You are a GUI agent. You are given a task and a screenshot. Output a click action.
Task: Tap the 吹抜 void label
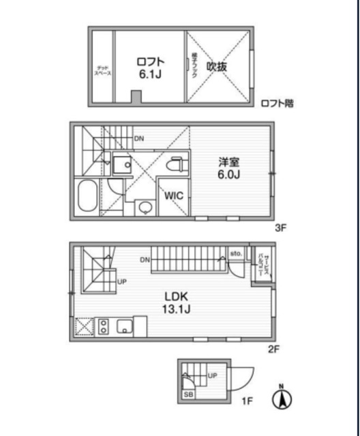pos(216,67)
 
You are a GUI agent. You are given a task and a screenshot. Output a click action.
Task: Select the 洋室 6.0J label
pos(229,168)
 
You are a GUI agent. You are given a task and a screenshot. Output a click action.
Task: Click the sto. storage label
pos(237,253)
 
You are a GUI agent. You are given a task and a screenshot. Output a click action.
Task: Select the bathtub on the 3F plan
pos(87,198)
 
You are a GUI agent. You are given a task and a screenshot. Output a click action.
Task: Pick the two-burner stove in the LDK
pos(103,326)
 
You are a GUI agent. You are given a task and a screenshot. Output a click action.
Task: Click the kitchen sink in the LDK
pos(125,326)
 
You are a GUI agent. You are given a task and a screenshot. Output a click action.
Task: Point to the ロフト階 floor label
pos(277,104)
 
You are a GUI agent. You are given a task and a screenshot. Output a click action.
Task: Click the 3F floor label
pos(279,228)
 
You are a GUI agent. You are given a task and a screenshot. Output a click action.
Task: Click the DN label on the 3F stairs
pos(139,139)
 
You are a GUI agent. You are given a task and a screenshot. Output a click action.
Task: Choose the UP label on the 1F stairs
pos(213,375)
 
